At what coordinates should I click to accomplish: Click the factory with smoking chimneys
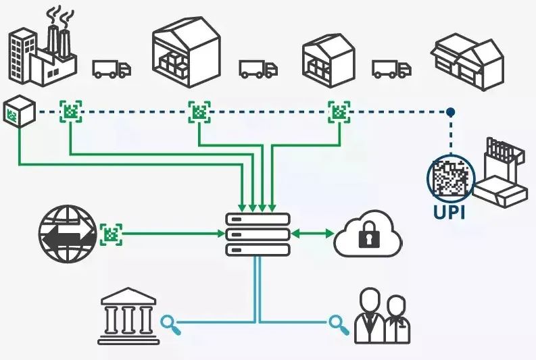pyautogui.click(x=42, y=51)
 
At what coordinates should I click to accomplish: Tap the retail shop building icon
pyautogui.click(x=467, y=61)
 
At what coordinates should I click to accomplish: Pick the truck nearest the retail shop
pyautogui.click(x=391, y=69)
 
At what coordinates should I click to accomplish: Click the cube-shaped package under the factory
pyautogui.click(x=19, y=111)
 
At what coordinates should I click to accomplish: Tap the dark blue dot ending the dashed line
pyautogui.click(x=451, y=111)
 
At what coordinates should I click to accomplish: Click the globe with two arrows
pyautogui.click(x=67, y=234)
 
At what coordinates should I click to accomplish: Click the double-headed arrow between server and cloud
pyautogui.click(x=312, y=234)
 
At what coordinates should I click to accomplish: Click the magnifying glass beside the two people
pyautogui.click(x=339, y=325)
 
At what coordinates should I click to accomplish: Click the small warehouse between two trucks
pyautogui.click(x=328, y=57)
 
